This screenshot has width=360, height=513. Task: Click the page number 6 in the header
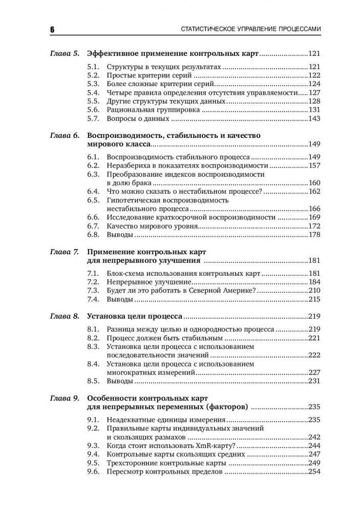[x=52, y=30]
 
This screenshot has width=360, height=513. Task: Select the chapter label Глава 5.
[x=64, y=53]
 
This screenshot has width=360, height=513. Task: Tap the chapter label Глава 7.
[x=64, y=253]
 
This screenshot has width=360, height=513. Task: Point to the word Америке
[x=234, y=291]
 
